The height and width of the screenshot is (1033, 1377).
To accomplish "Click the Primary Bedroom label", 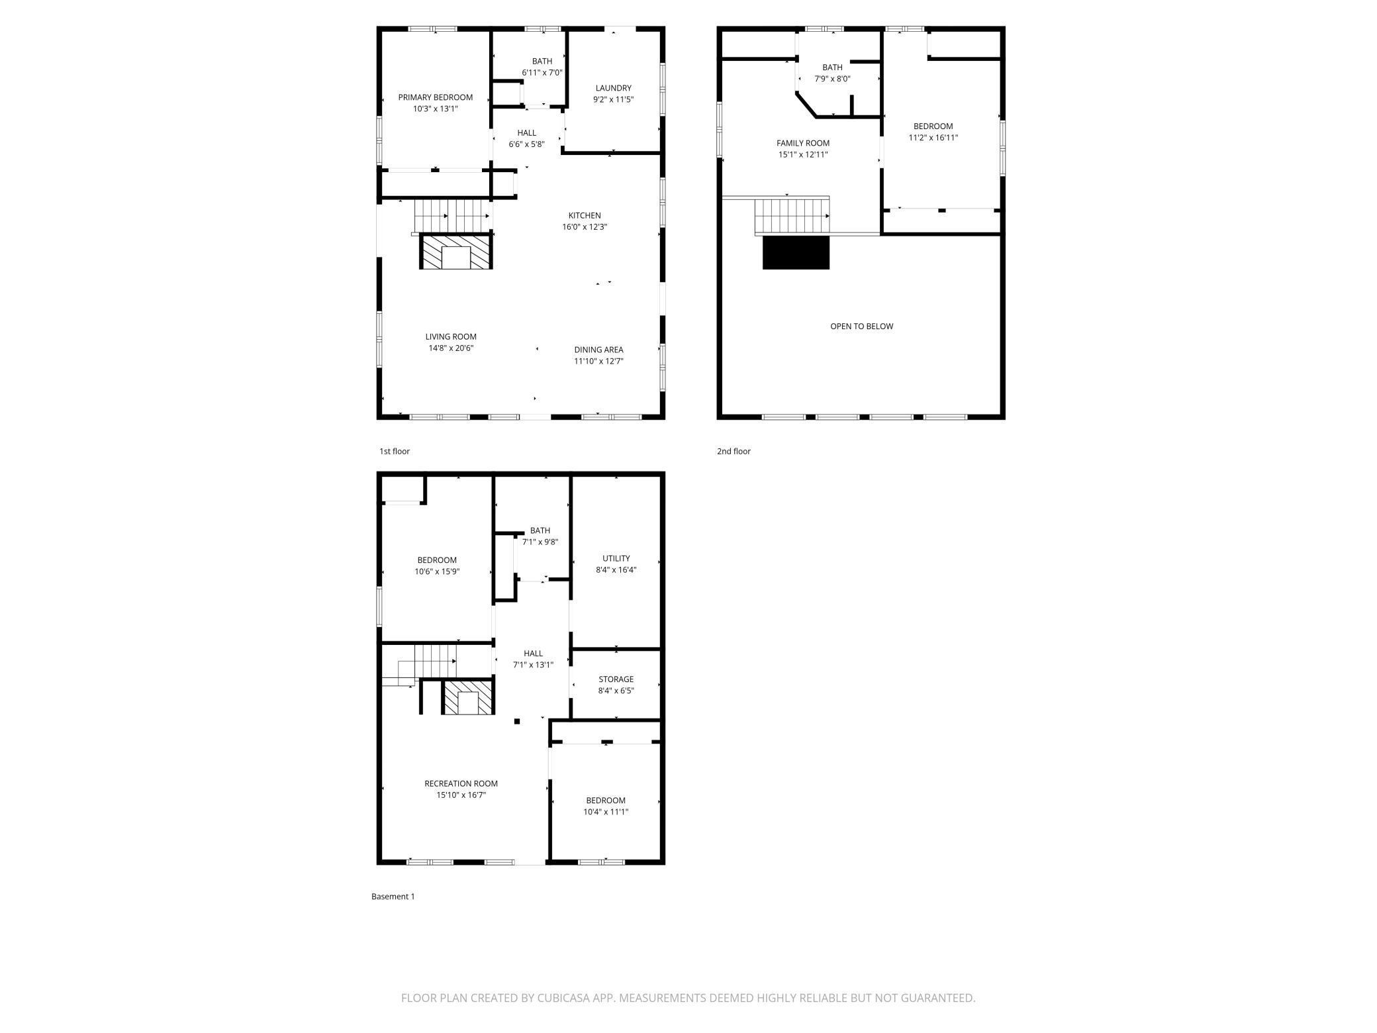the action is pos(435,97).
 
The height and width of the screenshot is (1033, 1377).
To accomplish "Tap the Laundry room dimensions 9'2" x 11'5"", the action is pos(613,99).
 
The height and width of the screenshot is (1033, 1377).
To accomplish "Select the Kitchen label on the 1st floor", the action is pos(585,215).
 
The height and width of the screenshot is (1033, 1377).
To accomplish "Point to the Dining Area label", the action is pos(598,350).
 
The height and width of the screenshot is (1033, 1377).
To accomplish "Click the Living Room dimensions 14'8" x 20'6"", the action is pos(451,348).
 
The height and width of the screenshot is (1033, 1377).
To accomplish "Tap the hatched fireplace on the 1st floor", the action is pos(456,251).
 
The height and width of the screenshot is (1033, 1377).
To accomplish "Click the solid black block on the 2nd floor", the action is pos(796,252).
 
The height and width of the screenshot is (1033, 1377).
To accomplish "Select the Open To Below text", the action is pos(861,326).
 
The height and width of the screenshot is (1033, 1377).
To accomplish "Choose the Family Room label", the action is pos(803,143).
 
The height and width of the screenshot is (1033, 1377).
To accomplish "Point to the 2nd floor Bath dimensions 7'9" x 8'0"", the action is pos(832,79).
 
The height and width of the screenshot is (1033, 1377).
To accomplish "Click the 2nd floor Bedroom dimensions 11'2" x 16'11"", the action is pos(933,138).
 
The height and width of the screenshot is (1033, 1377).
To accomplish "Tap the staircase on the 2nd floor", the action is pos(792,217).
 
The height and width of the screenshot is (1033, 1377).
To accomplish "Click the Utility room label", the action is pos(616,558).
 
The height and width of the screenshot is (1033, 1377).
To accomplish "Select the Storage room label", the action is pos(616,679).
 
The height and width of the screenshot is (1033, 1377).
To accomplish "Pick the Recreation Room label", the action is pos(461,784).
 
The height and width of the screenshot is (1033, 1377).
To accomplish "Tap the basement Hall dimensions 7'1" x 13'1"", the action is pos(533,665).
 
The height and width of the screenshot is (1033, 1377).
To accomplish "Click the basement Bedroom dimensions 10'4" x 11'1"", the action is pos(606,812).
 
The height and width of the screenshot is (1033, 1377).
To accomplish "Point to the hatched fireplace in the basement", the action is pos(468,698).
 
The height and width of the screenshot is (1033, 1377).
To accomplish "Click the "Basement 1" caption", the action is pos(393,897).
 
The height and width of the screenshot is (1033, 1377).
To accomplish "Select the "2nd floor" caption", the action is pos(734,452).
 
